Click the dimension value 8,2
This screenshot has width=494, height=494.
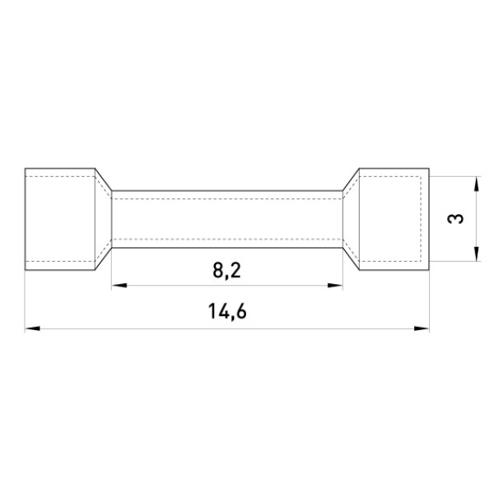click(x=227, y=271)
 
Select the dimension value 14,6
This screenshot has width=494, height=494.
click(x=227, y=311)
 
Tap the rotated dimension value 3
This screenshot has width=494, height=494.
click(x=455, y=219)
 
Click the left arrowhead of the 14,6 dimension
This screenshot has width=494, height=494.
click(x=32, y=329)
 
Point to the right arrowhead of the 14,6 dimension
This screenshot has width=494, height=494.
click(x=422, y=329)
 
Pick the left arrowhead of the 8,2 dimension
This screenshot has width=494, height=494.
click(x=119, y=286)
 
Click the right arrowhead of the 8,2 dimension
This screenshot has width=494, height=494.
click(x=335, y=286)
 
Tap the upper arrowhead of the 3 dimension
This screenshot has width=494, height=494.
click(x=477, y=184)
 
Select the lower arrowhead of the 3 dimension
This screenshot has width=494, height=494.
click(x=477, y=254)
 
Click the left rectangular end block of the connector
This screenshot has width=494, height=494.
click(x=60, y=219)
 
